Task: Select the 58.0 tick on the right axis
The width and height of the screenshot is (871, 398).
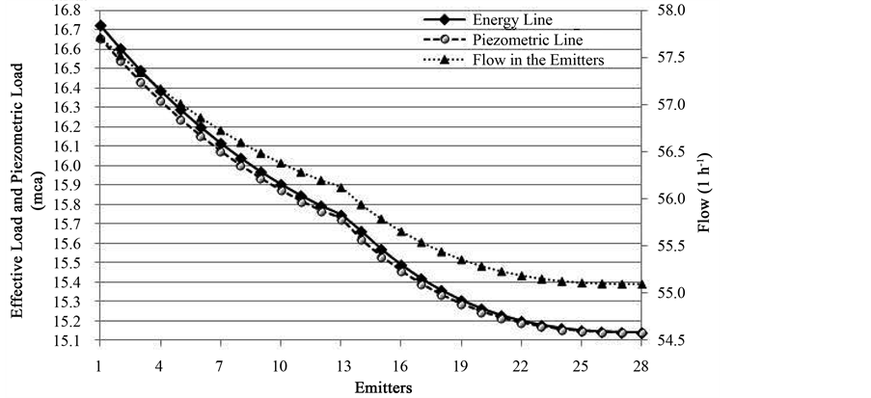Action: (667, 10)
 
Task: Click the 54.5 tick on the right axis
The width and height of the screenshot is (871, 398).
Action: (667, 341)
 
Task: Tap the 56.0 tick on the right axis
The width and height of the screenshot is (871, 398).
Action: (667, 199)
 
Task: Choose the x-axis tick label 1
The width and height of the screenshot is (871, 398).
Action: (99, 366)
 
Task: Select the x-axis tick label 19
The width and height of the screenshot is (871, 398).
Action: (462, 366)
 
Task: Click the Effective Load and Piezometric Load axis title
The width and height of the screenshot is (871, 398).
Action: (27, 175)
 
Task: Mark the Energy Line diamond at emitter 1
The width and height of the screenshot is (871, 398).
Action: (100, 26)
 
